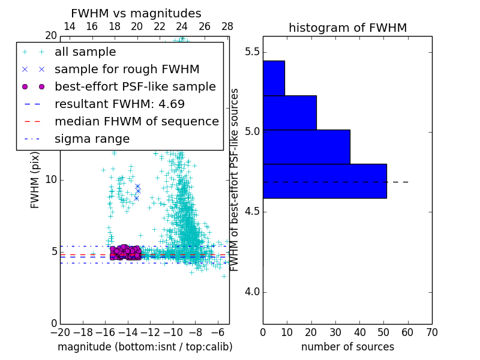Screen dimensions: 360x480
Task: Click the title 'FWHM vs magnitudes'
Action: (136, 14)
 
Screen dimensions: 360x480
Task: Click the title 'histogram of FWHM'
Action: (347, 28)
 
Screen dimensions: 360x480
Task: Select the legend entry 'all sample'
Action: (85, 52)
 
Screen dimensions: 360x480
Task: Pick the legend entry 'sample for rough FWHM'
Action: (127, 69)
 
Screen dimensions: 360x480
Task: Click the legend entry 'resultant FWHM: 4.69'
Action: (119, 104)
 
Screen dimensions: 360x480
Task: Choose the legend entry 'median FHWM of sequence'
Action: (136, 121)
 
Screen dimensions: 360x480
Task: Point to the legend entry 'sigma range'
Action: (92, 139)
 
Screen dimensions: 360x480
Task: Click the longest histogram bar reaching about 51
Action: (325, 181)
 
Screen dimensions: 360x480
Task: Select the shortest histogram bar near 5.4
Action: (274, 78)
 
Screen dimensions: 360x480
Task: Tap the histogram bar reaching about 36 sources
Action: (306, 146)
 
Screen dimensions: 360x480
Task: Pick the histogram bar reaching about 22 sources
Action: (289, 112)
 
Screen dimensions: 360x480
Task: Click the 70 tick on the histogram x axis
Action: (431, 332)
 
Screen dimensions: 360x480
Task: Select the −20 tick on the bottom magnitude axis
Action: (59, 332)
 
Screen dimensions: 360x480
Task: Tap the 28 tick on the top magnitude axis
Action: (227, 26)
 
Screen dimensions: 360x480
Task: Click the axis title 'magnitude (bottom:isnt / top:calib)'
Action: (145, 347)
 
